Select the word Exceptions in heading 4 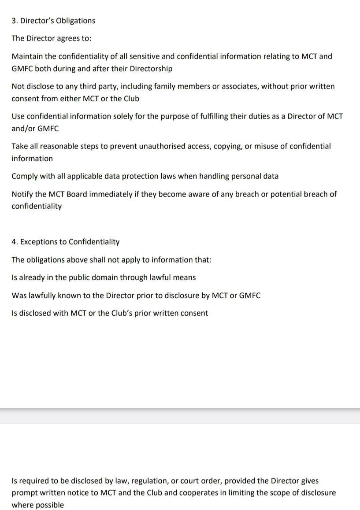(x=38, y=242)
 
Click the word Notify (x=22, y=194)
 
